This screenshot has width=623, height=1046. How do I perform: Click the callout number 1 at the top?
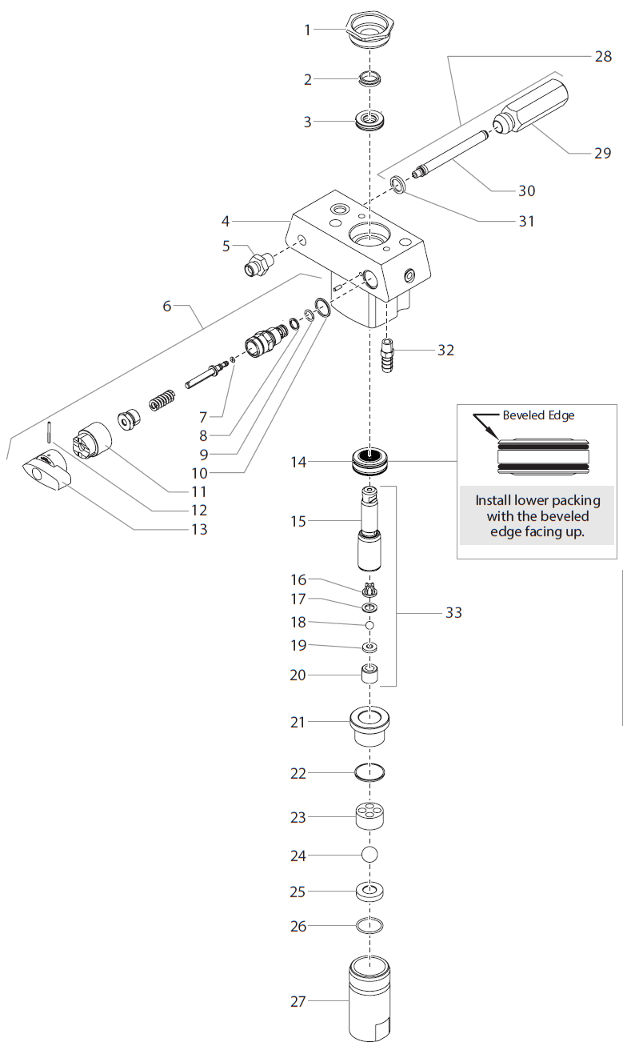[x=306, y=30]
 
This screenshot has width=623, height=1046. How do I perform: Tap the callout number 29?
[x=602, y=153]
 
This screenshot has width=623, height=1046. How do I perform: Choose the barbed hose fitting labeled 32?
[x=388, y=354]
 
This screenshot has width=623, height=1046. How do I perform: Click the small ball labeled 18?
[x=369, y=623]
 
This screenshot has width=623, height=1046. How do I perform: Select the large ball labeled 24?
[x=369, y=855]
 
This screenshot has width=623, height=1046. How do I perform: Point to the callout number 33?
[x=454, y=613]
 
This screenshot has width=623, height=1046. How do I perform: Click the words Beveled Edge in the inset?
[x=538, y=415]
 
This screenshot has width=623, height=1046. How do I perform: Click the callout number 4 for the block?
[x=226, y=220]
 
